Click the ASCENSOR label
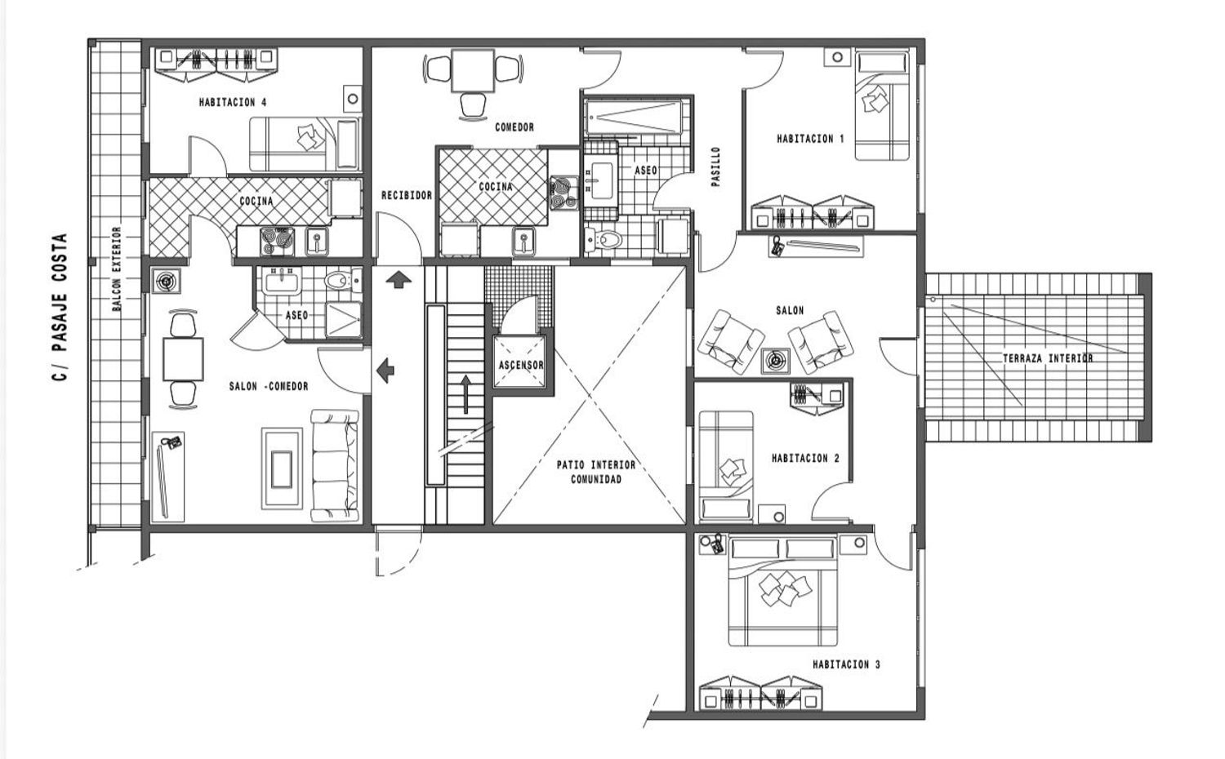[521, 365]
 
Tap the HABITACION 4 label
[233, 102]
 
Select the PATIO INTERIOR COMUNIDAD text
[596, 472]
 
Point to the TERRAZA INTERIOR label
[1048, 358]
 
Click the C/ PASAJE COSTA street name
[60, 307]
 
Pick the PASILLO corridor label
[716, 166]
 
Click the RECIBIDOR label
[407, 195]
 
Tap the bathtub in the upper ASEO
[635, 118]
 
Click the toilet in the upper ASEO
[604, 239]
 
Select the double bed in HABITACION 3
[782, 591]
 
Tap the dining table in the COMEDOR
[473, 70]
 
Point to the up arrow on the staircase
[465, 394]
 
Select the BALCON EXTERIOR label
[117, 269]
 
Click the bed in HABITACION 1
[881, 105]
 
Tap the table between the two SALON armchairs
[776, 361]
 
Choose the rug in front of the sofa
[282, 468]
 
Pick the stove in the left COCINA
[277, 242]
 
